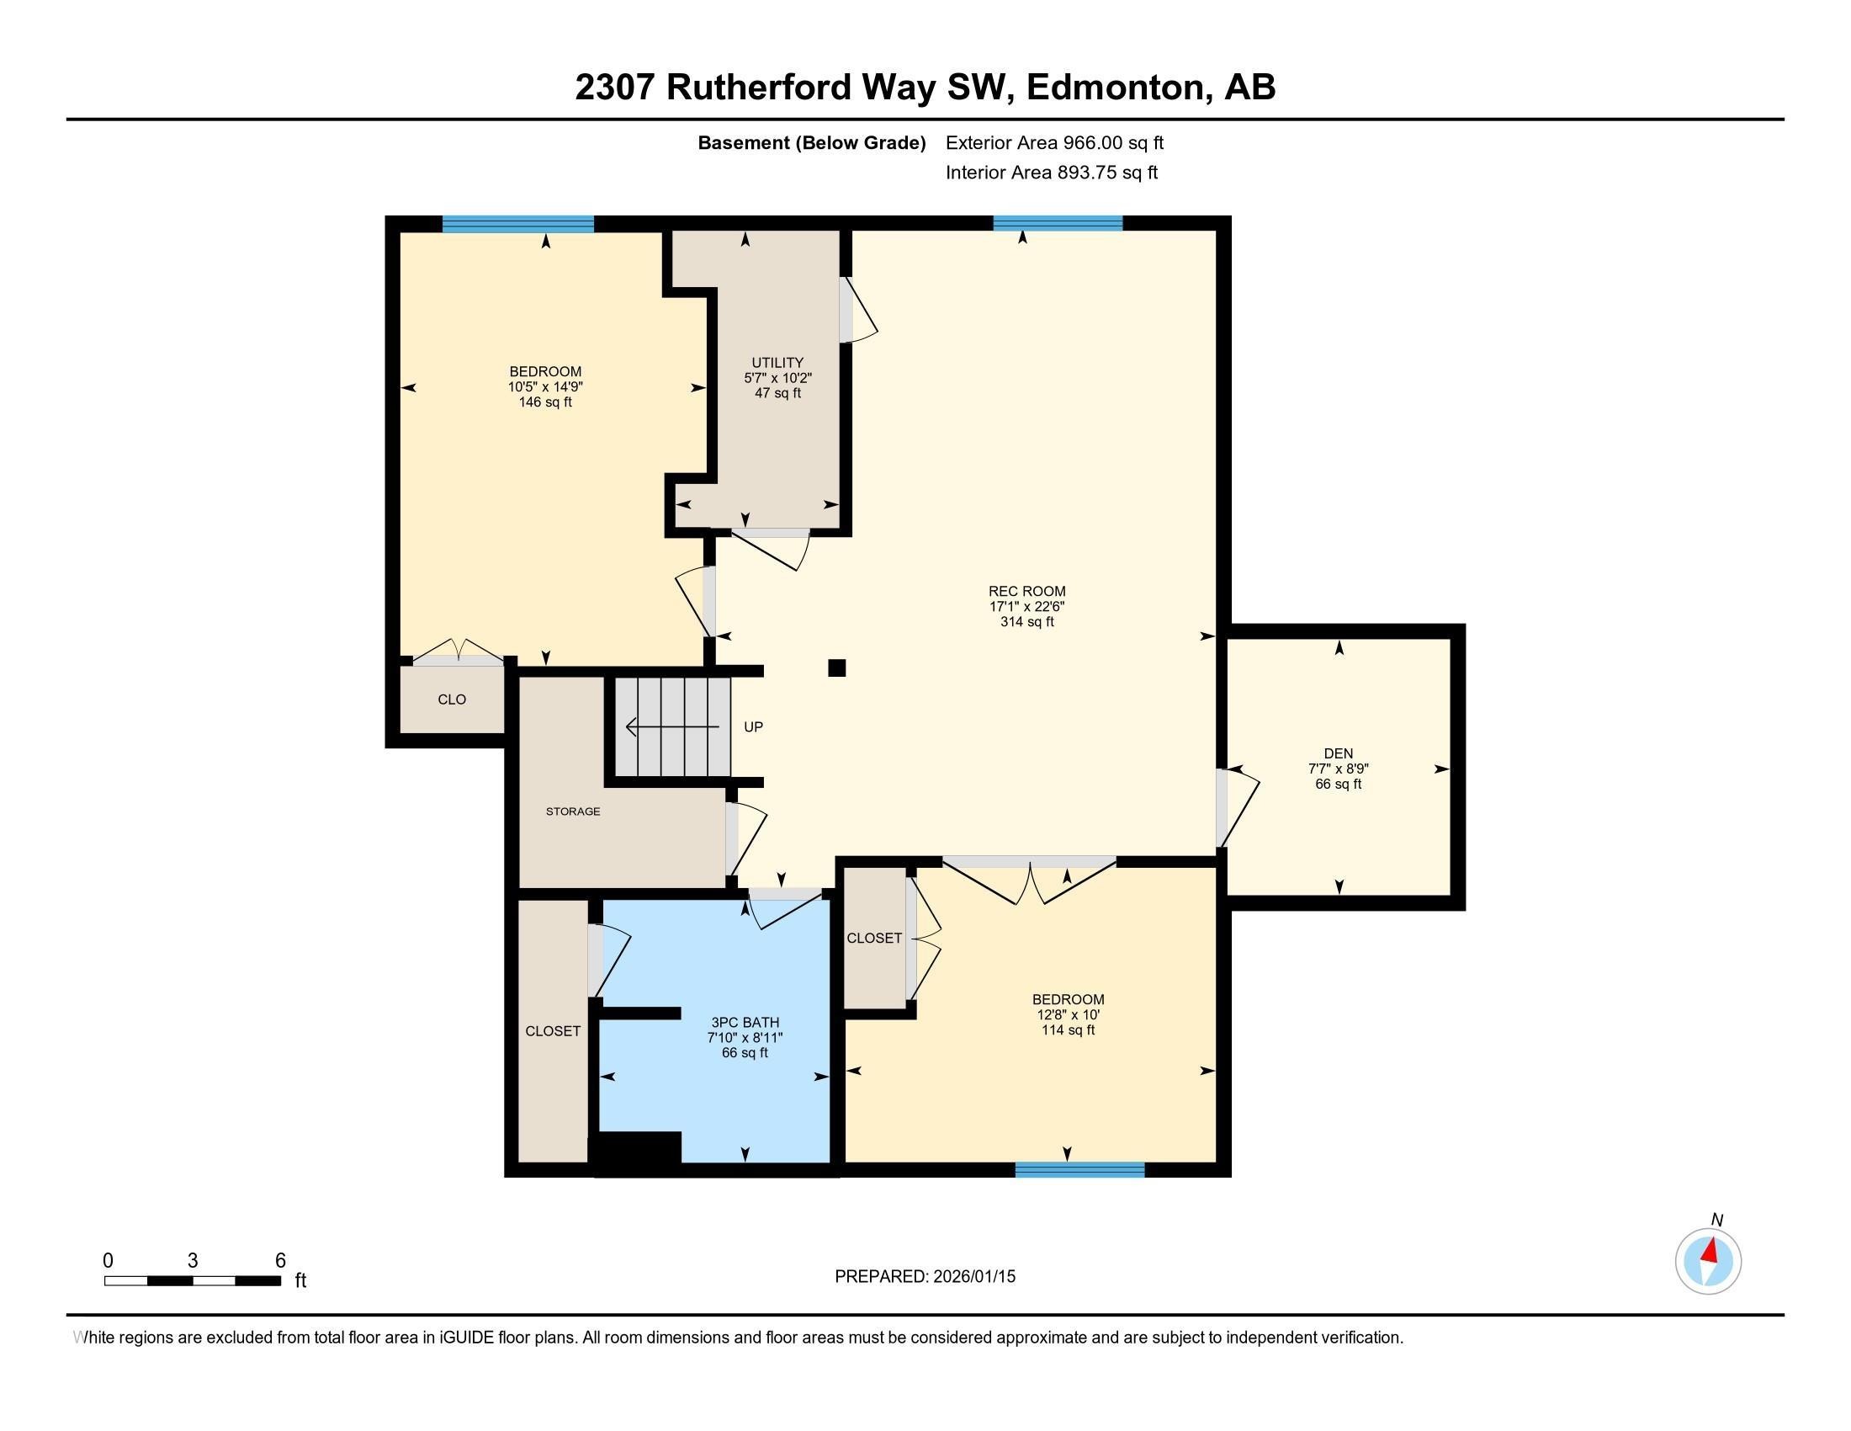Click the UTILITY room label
[777, 363]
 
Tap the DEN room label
[1339, 753]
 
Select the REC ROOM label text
[1026, 592]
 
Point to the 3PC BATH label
[745, 1023]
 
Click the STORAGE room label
[573, 811]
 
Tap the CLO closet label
[452, 700]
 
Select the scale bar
[193, 1280]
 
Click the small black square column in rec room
[836, 668]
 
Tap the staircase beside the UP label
[672, 726]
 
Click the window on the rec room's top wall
[1058, 224]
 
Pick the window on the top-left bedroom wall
[517, 224]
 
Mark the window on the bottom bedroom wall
[1079, 1170]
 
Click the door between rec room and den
[1223, 806]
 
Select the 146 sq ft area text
[545, 402]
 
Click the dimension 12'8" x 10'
[1068, 1015]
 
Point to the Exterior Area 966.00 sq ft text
[1054, 143]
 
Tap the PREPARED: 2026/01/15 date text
[925, 1277]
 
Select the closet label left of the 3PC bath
[553, 1031]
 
